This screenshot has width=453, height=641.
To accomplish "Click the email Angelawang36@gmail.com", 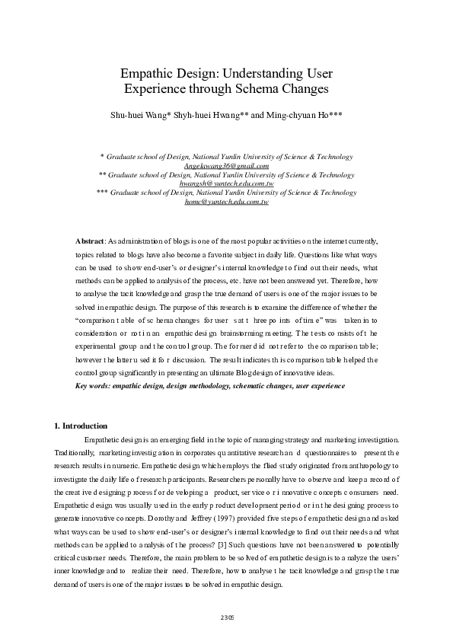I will (226, 165).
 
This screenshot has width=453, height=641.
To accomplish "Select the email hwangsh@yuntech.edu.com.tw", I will (226, 183).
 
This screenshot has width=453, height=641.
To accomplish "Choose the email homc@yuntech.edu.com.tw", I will (226, 202).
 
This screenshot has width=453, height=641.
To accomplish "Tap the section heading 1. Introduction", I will (80, 426).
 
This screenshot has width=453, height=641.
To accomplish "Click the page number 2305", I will (227, 617).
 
